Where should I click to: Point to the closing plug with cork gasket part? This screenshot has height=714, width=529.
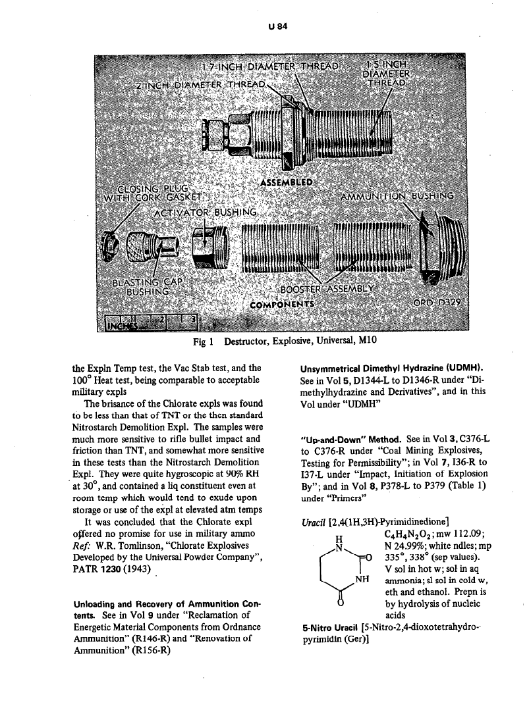click(117, 248)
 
